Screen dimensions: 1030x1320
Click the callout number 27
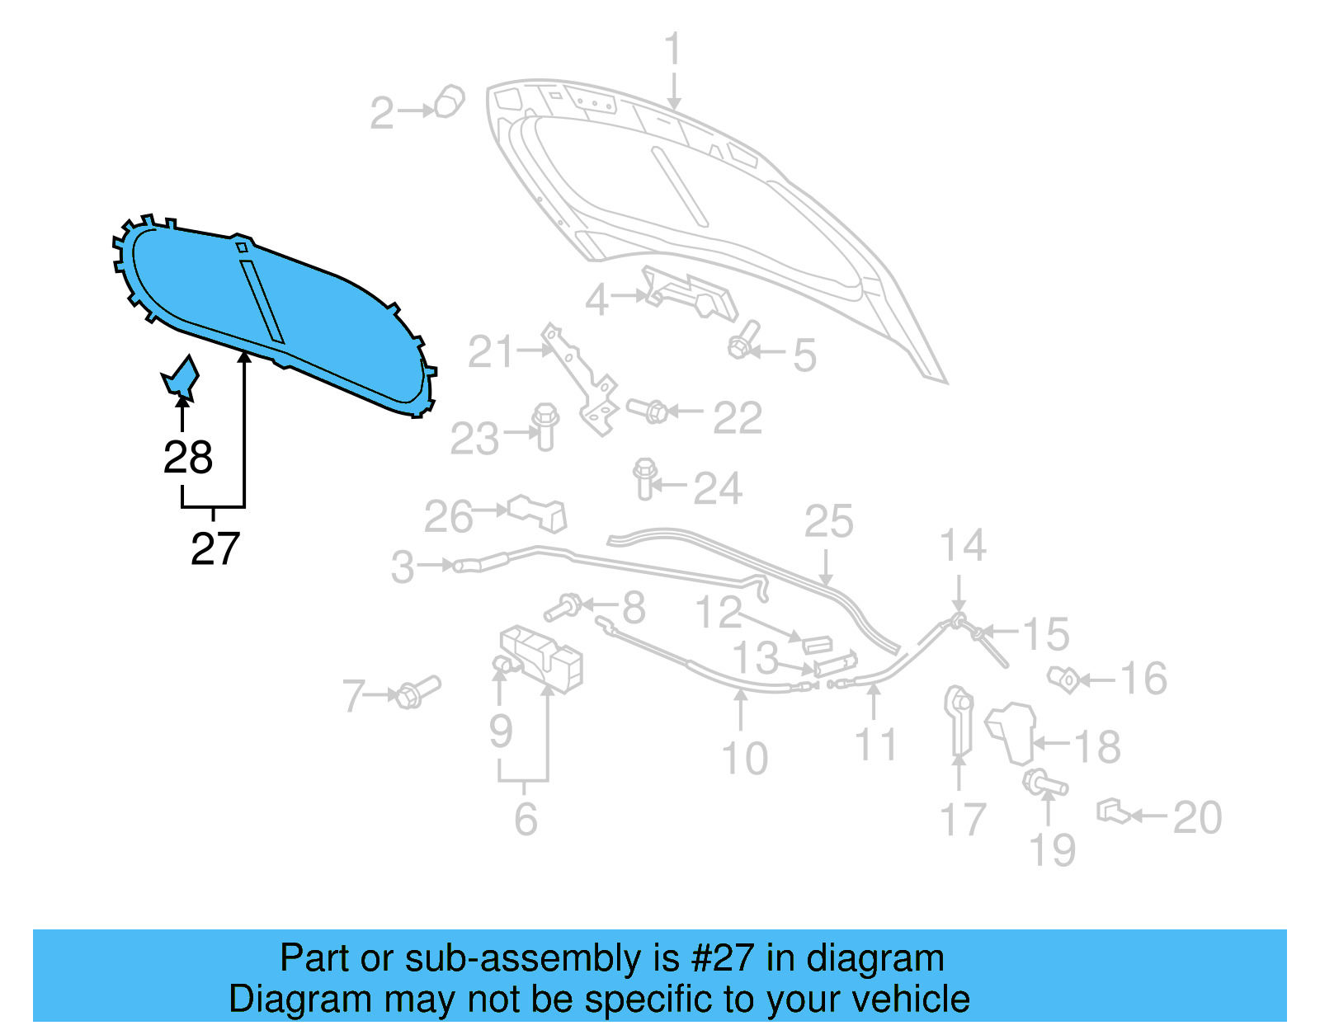[215, 548]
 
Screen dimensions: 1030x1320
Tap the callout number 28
[188, 458]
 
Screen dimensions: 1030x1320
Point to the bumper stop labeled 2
[450, 101]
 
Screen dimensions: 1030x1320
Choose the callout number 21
[491, 353]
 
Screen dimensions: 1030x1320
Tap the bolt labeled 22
[648, 409]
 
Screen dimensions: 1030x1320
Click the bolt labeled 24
[645, 478]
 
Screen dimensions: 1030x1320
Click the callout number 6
[526, 819]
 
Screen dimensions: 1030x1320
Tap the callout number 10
[744, 758]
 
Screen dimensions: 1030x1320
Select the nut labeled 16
[1063, 680]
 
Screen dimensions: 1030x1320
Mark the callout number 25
[828, 522]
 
